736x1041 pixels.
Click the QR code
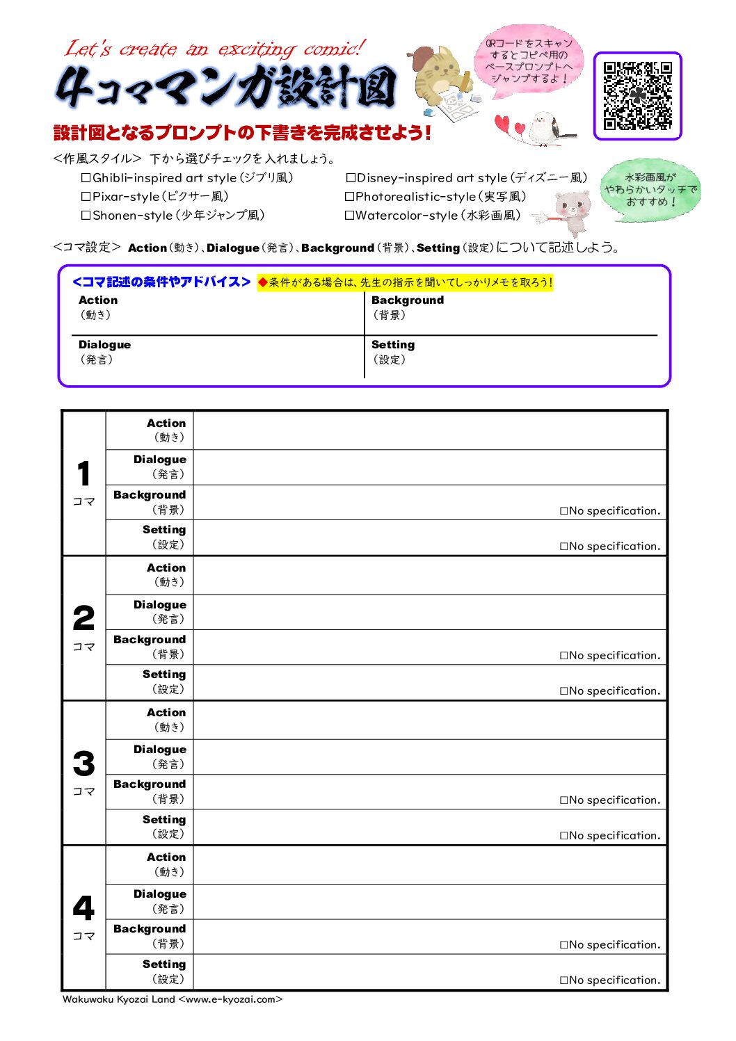[637, 96]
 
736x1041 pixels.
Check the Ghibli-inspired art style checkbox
[86, 178]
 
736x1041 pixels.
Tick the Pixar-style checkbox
[86, 197]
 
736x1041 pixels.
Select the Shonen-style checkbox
[86, 216]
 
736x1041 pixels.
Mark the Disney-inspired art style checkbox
[351, 178]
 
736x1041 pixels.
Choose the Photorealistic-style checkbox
[350, 197]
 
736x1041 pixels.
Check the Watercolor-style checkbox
[350, 216]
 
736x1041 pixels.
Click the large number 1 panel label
[83, 474]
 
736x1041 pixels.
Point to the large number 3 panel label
[83, 764]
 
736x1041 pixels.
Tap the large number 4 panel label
[83, 908]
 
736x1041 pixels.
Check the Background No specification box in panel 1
[564, 511]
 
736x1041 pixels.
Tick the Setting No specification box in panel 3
[564, 836]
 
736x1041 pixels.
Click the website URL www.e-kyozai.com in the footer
[230, 999]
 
